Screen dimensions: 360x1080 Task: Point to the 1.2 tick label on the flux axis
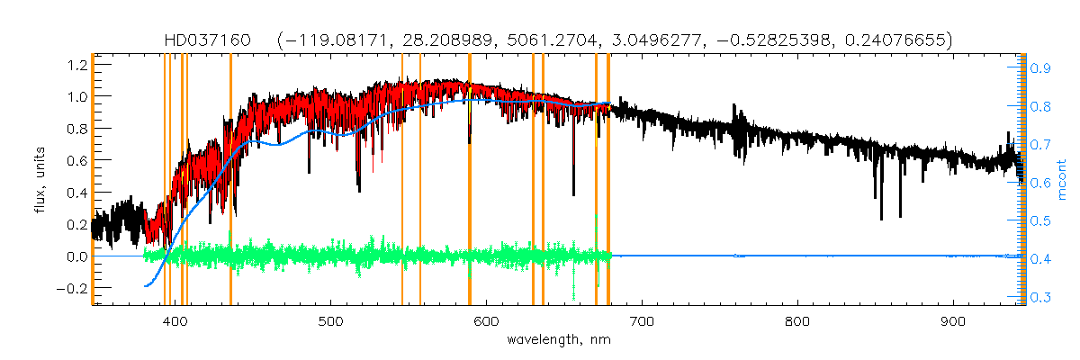(76, 65)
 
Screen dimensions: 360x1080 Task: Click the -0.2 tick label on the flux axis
(72, 288)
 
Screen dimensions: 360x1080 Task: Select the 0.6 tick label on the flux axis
(76, 160)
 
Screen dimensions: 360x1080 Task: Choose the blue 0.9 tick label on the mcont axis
(1040, 67)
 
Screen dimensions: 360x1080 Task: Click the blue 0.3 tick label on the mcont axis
(1040, 297)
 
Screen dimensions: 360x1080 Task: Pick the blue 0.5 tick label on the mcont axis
(1040, 220)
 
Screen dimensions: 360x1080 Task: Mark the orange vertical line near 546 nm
(402, 180)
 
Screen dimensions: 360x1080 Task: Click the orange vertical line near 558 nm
(420, 180)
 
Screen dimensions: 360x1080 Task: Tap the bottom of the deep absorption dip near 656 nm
(573, 193)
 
